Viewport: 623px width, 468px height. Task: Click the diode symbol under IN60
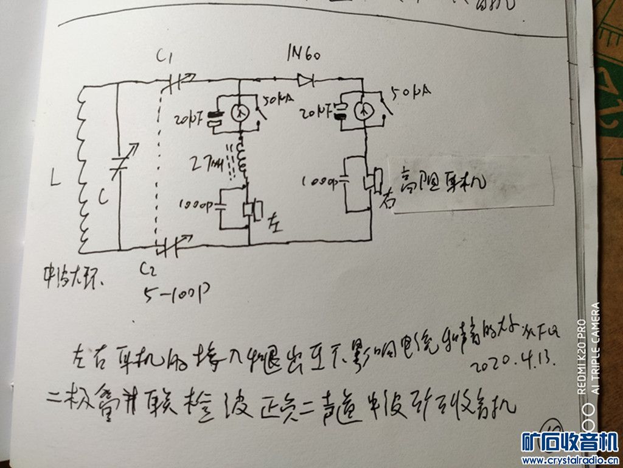point(304,79)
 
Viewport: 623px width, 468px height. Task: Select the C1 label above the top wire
point(165,58)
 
